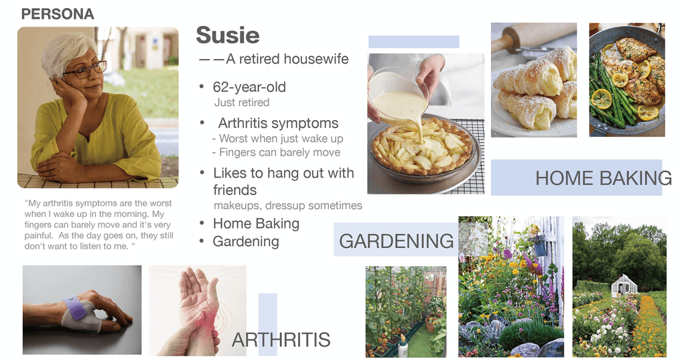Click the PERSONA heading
click(x=58, y=14)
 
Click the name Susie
click(x=228, y=35)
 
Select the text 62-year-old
click(x=249, y=87)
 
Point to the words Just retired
click(x=241, y=103)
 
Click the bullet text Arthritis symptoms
click(x=278, y=123)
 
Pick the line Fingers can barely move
click(x=279, y=152)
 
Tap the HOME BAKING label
click(x=604, y=178)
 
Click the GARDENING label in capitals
click(x=397, y=241)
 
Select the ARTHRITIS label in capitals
click(x=281, y=340)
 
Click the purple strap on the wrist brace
click(x=74, y=308)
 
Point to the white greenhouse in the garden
click(x=624, y=286)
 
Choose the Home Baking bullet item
click(x=256, y=224)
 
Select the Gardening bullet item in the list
click(x=245, y=241)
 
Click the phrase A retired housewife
click(x=287, y=59)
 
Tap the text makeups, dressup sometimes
click(x=288, y=205)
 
